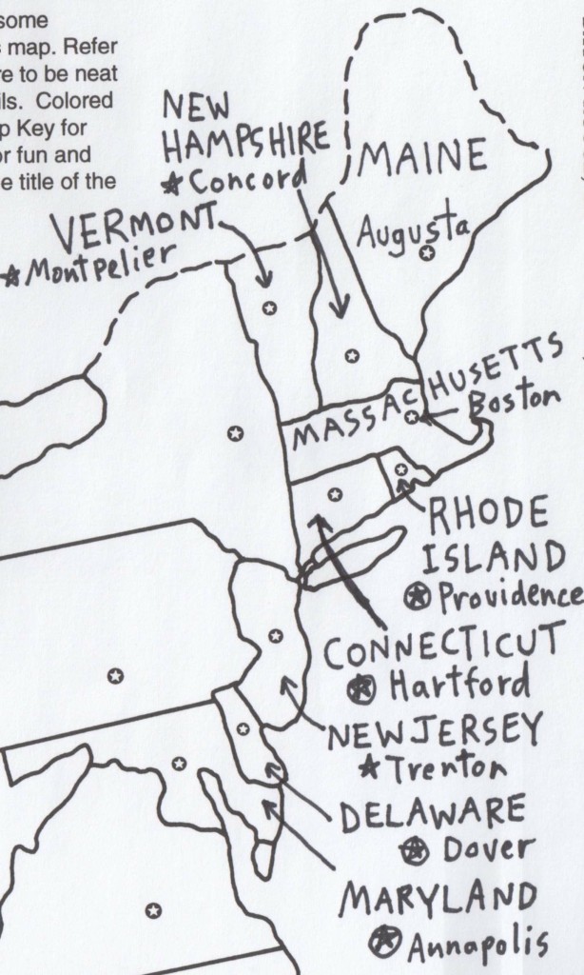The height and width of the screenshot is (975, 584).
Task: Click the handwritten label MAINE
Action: point(422,158)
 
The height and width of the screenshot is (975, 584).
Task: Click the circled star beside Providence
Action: point(416,597)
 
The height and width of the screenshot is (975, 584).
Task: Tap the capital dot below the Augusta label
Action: point(427,252)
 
